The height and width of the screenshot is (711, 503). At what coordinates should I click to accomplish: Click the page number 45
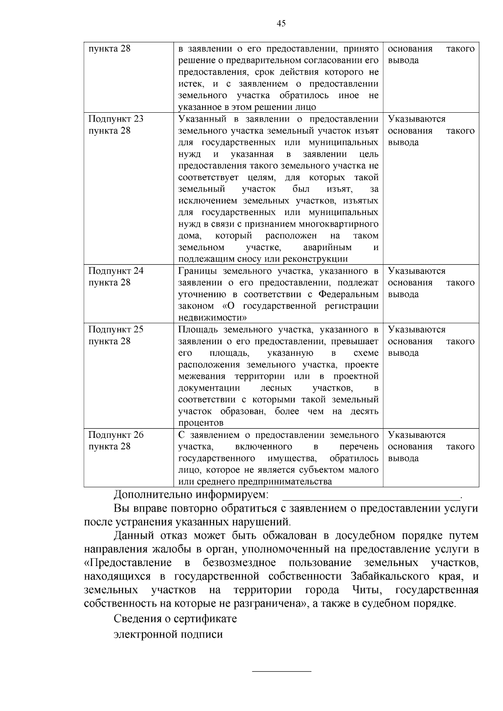tap(281, 23)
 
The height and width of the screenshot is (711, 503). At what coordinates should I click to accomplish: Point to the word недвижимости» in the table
tap(207, 318)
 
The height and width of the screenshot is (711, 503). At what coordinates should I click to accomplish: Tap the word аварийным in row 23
tap(327, 248)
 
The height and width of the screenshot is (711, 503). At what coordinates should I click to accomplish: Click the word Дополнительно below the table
tap(153, 495)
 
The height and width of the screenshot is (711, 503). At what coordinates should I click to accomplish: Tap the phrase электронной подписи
tap(168, 634)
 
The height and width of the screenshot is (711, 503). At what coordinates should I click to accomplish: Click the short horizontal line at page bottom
tap(281, 671)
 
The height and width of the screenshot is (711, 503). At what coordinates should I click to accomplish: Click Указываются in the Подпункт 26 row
tap(417, 435)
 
